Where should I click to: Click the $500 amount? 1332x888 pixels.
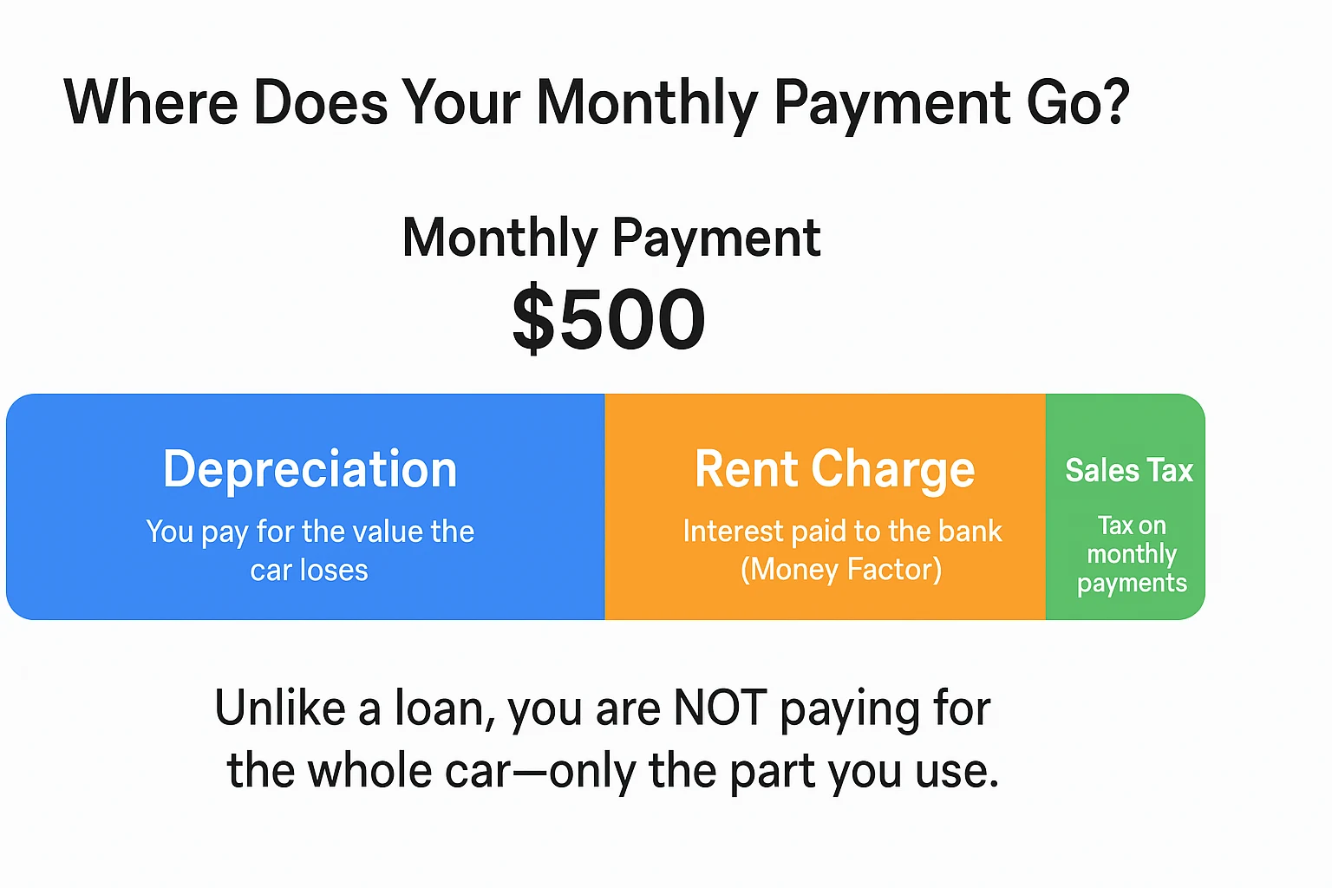[x=609, y=319]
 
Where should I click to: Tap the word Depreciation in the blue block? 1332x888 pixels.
[x=310, y=469]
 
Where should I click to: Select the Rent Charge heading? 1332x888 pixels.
[x=834, y=469]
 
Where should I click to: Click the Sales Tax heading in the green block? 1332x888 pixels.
[x=1129, y=470]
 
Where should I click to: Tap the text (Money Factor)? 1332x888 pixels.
[x=841, y=570]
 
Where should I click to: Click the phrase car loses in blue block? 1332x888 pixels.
[x=309, y=570]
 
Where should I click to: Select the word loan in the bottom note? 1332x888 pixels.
[x=445, y=708]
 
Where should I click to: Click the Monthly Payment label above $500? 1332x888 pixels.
[x=611, y=238]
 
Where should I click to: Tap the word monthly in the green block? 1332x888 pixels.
[x=1132, y=554]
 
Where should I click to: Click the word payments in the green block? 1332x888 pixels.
[x=1132, y=584]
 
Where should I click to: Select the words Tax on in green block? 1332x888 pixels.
[x=1132, y=526]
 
